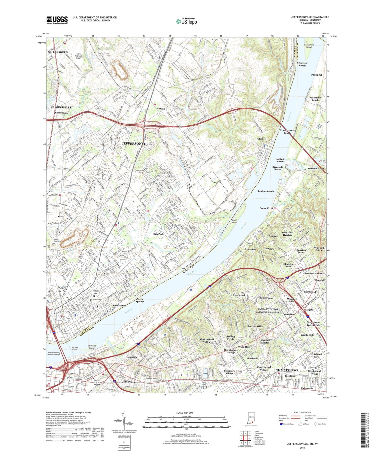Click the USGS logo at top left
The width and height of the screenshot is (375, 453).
point(57,20)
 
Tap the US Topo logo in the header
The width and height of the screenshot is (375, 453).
point(186,21)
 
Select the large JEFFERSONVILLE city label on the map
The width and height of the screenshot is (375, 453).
point(136,144)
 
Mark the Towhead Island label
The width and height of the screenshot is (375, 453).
point(91,347)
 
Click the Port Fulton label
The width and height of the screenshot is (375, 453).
point(119,305)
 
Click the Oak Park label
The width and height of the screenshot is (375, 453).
point(158,234)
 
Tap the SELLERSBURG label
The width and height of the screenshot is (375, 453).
point(58,52)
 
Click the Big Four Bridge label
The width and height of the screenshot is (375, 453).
point(74,348)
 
